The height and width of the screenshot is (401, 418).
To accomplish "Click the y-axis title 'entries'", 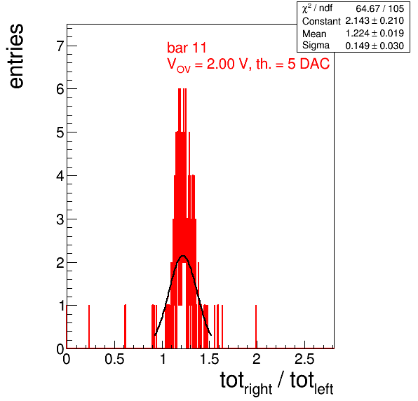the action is point(17,56).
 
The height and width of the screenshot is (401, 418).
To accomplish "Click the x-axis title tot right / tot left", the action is point(277,382).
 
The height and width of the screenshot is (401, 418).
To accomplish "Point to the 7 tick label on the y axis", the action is point(60,46).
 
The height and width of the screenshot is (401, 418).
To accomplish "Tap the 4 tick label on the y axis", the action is point(60,176).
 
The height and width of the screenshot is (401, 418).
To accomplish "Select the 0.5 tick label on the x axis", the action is point(114,359).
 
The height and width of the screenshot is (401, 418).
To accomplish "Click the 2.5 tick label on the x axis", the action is point(304,359).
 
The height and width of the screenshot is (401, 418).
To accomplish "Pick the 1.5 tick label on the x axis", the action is point(210,359).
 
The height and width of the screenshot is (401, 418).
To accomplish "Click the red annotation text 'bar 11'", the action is point(187,48).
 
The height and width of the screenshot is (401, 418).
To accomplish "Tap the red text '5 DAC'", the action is point(309,64).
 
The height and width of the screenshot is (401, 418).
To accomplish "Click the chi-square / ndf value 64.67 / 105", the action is point(379,8).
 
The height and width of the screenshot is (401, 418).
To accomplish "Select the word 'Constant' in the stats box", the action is point(321,21).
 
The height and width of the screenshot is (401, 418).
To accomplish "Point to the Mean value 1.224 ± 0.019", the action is point(375,34).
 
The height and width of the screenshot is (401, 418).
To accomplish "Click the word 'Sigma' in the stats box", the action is point(316,46).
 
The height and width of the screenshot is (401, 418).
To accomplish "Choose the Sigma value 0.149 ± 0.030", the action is point(375,46).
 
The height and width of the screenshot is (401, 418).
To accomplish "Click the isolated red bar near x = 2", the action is point(256,327).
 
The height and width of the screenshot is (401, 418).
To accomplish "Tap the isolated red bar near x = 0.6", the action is point(125,327).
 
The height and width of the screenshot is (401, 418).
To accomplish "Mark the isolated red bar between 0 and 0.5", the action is point(89,327).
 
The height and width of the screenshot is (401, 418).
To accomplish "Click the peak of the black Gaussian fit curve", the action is point(183,256).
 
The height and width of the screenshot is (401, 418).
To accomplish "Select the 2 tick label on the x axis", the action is point(257,359).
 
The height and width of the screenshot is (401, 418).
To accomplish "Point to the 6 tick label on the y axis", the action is point(60,89).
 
